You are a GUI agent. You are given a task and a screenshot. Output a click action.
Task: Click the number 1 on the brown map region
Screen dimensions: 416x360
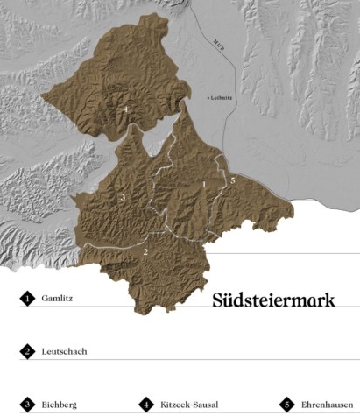coord(204,185)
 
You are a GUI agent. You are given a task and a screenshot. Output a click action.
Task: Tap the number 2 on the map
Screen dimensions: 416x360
coord(145,252)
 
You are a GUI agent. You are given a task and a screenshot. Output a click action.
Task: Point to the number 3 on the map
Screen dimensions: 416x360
coord(123,199)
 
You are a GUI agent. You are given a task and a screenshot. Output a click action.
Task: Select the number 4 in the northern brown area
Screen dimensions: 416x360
coord(127,109)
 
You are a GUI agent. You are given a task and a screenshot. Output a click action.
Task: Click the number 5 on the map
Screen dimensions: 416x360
coord(233,180)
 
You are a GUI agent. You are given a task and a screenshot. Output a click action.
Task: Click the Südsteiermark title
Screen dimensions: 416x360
coord(274,300)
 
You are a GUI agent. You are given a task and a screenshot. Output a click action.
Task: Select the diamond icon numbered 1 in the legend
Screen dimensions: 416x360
coord(27,299)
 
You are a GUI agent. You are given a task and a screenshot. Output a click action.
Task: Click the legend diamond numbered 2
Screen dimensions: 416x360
coord(27,351)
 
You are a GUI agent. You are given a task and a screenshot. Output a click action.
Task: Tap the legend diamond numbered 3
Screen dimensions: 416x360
coord(27,405)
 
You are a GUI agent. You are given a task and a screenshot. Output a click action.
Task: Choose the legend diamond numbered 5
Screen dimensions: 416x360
coord(286,405)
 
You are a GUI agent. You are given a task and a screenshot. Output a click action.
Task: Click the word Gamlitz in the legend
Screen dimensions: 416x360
coord(56,299)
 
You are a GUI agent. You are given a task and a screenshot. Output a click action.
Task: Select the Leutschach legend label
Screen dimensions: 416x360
coord(63,351)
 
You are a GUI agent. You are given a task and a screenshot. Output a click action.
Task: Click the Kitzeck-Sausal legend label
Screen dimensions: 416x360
coord(190,405)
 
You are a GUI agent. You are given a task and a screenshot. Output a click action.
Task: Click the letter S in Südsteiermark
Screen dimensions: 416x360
coord(218,300)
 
